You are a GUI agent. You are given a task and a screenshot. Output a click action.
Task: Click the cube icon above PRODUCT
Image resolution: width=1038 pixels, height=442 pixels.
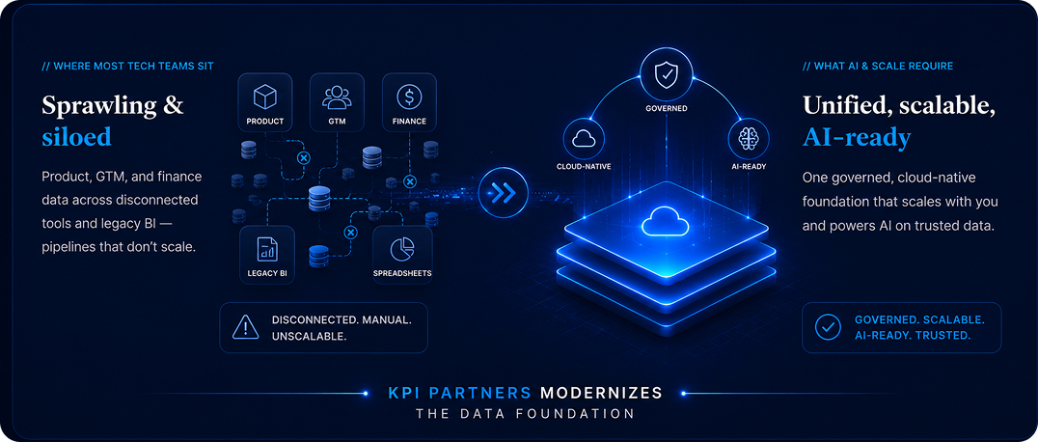(x=264, y=97)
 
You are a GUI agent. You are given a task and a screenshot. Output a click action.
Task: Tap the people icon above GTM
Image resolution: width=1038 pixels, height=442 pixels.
(x=337, y=97)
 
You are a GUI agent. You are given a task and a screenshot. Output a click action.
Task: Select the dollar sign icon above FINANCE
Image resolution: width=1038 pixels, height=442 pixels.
(x=409, y=97)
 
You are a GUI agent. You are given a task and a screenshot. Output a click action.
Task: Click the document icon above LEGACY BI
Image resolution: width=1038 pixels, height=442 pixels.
(x=267, y=248)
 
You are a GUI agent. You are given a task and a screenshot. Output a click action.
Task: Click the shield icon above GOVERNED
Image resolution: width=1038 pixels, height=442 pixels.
(x=666, y=76)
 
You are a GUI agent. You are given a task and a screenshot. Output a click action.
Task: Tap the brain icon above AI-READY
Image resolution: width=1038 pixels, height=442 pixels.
(x=750, y=138)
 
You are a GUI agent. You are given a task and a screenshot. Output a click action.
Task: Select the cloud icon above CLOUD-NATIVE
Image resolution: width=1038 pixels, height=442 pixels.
(x=584, y=138)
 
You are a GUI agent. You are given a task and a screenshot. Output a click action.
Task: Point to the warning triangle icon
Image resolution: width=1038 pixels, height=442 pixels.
(x=245, y=327)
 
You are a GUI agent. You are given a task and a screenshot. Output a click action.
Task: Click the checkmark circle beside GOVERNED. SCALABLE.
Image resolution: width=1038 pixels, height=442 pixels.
(x=828, y=327)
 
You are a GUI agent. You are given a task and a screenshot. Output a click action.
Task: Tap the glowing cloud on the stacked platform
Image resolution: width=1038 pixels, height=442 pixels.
(x=666, y=221)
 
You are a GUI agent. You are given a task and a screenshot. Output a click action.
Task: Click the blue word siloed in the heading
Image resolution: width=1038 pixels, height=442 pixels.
(x=76, y=137)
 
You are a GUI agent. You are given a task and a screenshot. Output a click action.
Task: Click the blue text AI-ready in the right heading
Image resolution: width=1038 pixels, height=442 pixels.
(x=857, y=138)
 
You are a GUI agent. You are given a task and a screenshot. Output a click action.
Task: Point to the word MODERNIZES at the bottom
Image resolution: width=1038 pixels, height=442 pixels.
(x=601, y=393)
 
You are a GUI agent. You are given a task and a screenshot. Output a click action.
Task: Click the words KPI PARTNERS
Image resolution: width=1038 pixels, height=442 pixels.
(x=459, y=393)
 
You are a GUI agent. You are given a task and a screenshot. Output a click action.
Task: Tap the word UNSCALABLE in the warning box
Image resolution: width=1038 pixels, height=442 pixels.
(x=309, y=336)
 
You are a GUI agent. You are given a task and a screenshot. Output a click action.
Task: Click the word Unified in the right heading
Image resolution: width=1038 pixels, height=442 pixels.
(x=843, y=106)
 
